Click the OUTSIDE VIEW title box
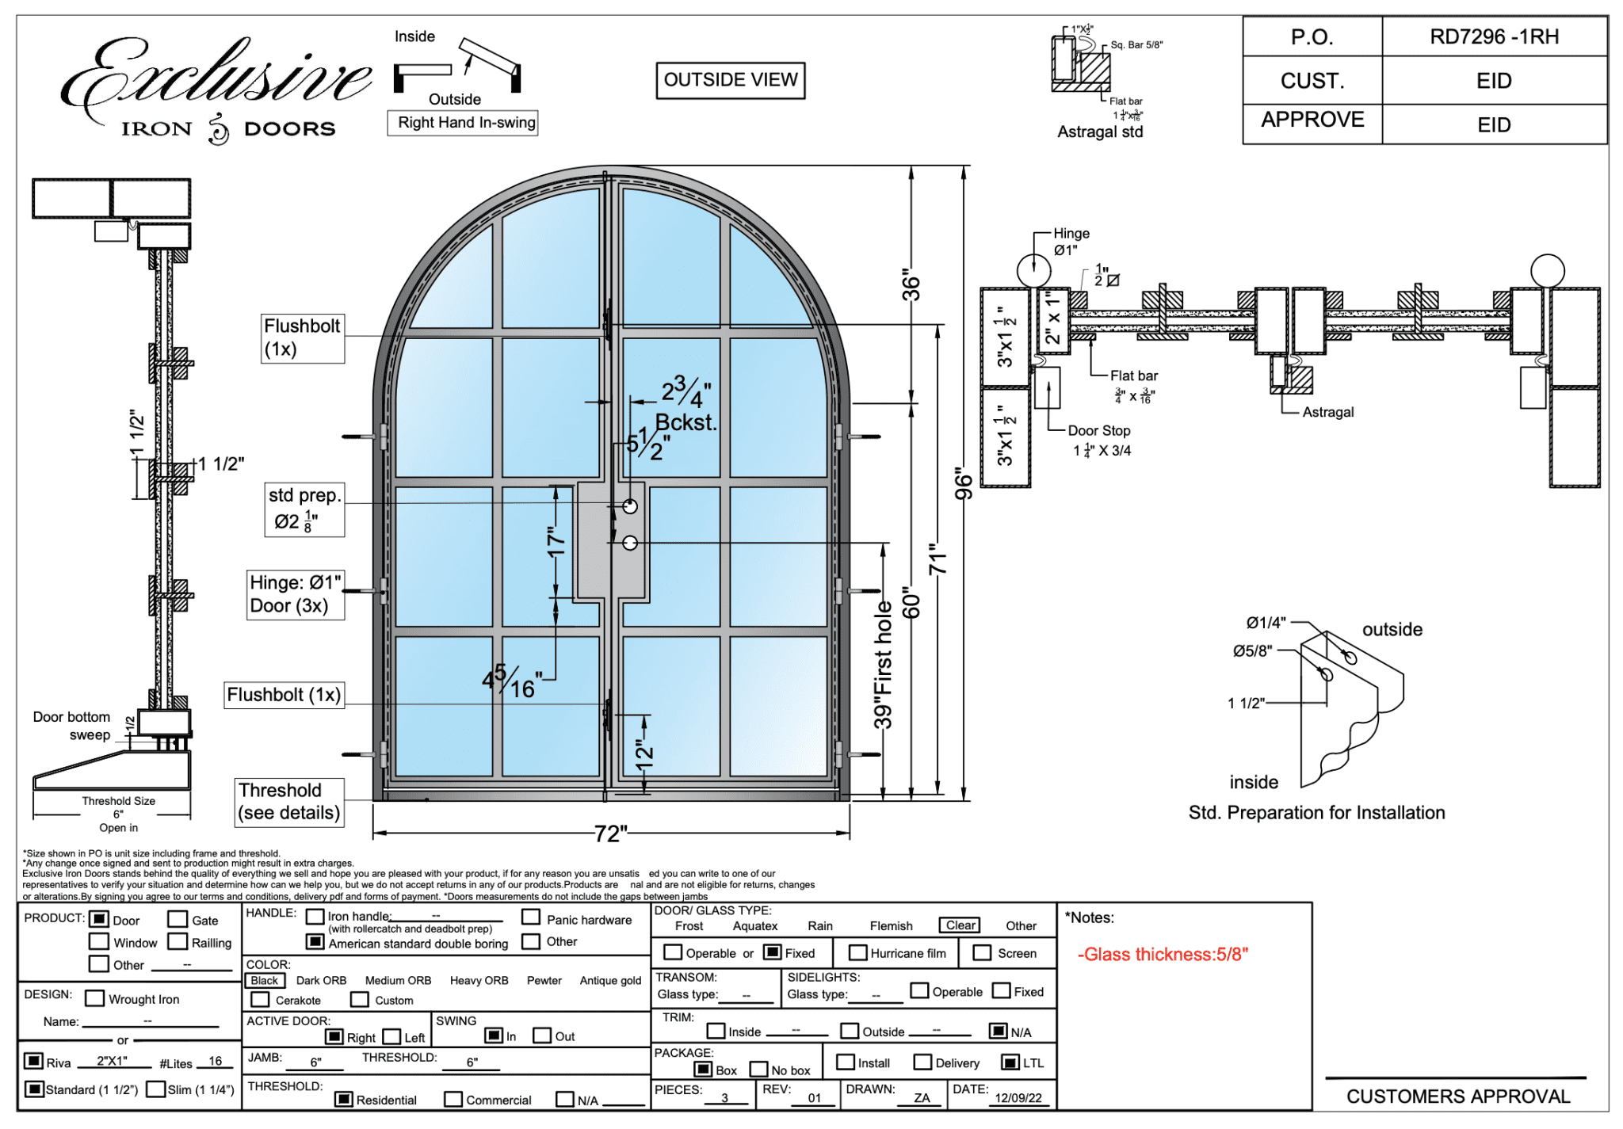pyautogui.click(x=730, y=80)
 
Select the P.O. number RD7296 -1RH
pyautogui.click(x=1494, y=37)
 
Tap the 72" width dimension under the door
pyautogui.click(x=611, y=833)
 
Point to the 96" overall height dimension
pyautogui.click(x=964, y=483)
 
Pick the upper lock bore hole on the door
pyautogui.click(x=630, y=506)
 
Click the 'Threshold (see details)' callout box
pyautogui.click(x=289, y=802)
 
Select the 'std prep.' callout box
pyautogui.click(x=304, y=509)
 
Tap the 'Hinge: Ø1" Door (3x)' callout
pyautogui.click(x=295, y=594)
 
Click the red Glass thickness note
pyautogui.click(x=1163, y=955)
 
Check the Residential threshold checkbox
pyautogui.click(x=344, y=1099)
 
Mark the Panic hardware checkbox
pyautogui.click(x=531, y=917)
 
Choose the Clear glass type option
pyautogui.click(x=960, y=925)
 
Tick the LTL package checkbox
pyautogui.click(x=1010, y=1062)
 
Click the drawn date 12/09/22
pyautogui.click(x=1018, y=1098)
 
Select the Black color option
pyautogui.click(x=264, y=981)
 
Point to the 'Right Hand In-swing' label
pyautogui.click(x=466, y=123)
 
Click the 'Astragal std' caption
pyautogui.click(x=1100, y=132)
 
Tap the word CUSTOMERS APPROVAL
pyautogui.click(x=1458, y=1097)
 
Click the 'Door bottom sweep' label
pyautogui.click(x=72, y=726)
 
